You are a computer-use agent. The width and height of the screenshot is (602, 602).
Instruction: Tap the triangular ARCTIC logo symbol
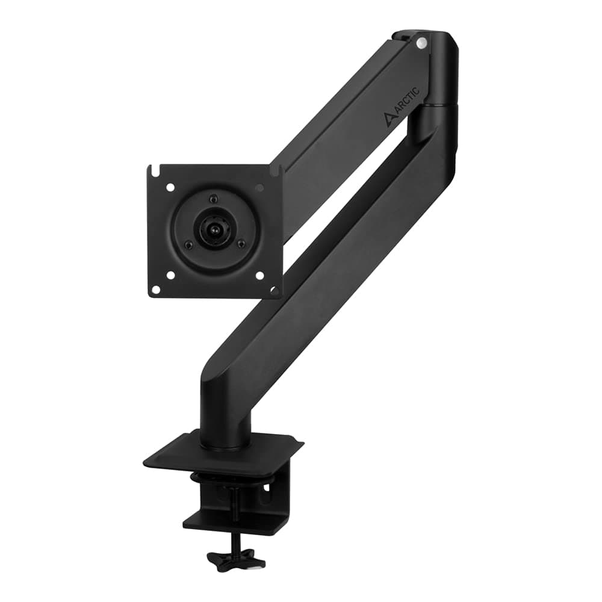tap(389, 118)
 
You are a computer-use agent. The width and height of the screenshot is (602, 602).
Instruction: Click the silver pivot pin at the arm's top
tap(421, 42)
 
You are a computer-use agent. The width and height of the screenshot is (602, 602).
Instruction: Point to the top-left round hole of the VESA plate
tap(170, 188)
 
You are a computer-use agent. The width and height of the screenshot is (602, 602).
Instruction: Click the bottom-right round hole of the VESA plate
tap(259, 275)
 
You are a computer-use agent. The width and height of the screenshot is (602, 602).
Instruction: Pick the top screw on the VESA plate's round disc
tap(212, 199)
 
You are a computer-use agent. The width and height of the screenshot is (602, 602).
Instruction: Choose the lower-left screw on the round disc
tap(188, 244)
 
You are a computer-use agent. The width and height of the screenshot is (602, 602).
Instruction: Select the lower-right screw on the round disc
tap(241, 244)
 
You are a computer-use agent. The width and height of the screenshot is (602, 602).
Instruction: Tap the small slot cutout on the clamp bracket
tap(265, 498)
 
